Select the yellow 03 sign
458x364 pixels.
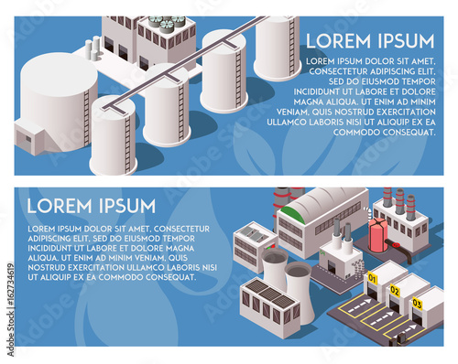click(x=417, y=302)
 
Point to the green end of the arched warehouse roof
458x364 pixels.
click(x=291, y=214)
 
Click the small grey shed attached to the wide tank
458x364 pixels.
click(x=28, y=137)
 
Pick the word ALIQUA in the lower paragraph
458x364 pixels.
click(x=43, y=257)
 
